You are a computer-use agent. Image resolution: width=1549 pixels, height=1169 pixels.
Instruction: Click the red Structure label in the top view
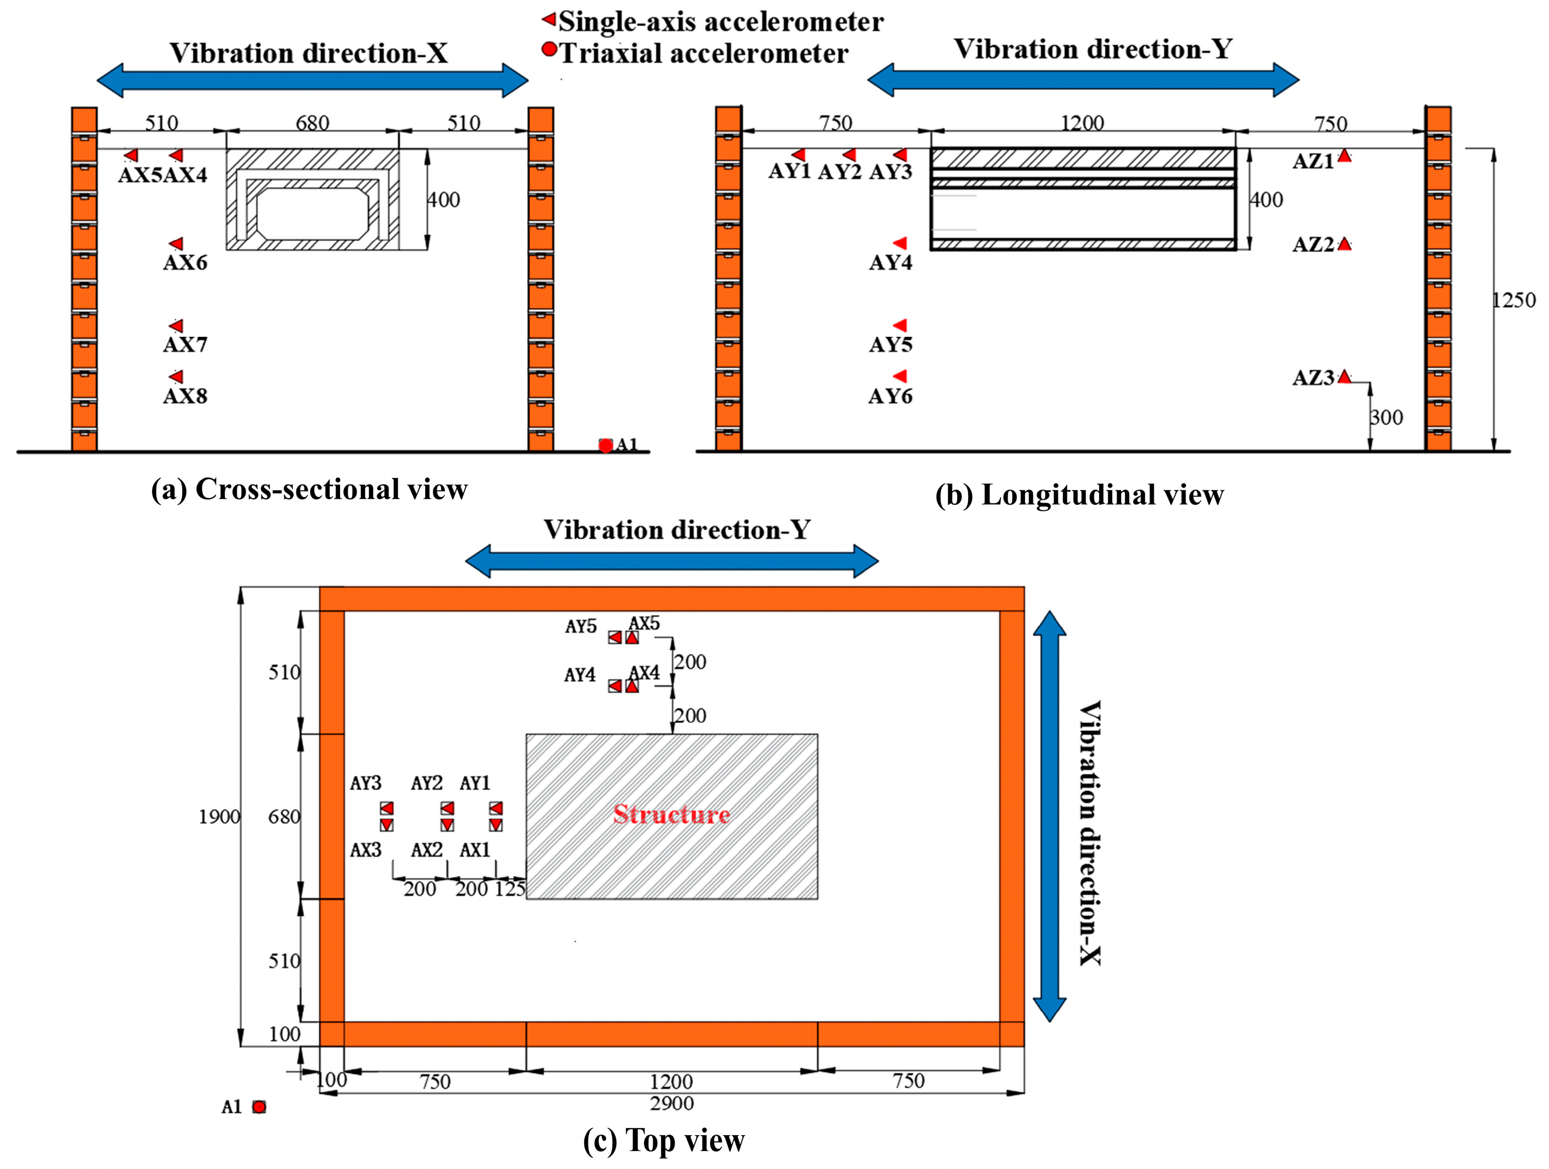(671, 814)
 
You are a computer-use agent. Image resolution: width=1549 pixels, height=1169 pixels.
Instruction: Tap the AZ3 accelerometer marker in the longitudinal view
(1344, 377)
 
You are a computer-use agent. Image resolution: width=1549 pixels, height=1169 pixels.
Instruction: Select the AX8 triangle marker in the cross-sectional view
(176, 377)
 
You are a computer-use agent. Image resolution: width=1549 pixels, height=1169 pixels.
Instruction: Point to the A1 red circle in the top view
(259, 1107)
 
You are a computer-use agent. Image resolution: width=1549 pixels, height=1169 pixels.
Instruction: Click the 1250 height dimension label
(1514, 300)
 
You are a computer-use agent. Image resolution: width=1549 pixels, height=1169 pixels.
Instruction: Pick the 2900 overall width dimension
(671, 1104)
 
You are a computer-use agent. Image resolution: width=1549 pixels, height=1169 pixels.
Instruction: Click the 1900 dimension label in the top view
(219, 817)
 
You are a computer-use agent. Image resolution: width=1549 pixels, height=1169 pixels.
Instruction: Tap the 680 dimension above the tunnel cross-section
(312, 123)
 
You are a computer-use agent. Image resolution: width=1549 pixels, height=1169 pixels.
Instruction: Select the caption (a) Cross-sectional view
(309, 490)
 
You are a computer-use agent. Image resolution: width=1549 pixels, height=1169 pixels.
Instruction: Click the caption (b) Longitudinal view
(1079, 495)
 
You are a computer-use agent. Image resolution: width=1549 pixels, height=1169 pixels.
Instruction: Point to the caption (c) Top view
(663, 1140)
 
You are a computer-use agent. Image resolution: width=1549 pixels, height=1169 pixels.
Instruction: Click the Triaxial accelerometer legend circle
(550, 50)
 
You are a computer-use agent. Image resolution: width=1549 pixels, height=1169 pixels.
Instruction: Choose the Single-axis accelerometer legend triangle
(550, 19)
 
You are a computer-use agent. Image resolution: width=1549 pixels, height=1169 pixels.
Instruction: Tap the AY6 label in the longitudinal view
(890, 396)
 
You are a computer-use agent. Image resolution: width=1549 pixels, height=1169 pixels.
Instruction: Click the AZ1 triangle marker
(1344, 156)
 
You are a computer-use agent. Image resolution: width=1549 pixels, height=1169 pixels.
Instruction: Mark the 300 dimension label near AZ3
(1386, 418)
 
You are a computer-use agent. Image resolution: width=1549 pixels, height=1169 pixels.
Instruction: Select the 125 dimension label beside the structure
(510, 889)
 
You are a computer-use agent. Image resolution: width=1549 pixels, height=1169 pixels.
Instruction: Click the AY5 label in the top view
(581, 627)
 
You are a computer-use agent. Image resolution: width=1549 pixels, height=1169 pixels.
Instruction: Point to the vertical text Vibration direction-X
(1089, 833)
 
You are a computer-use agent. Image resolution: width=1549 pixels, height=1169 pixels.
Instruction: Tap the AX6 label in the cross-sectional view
(185, 263)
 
